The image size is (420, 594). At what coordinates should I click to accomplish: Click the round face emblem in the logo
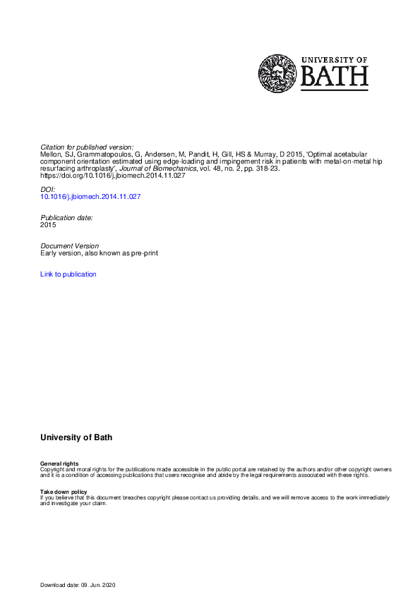[277, 73]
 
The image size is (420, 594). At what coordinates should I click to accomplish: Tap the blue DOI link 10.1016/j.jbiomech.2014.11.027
[91, 197]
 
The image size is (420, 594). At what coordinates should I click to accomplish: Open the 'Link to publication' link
[68, 274]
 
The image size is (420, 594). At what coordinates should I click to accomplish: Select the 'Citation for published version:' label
[87, 147]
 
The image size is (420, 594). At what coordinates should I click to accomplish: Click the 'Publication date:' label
[66, 217]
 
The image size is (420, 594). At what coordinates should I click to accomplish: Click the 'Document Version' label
[70, 246]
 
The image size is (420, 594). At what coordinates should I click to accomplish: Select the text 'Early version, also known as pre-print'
[100, 253]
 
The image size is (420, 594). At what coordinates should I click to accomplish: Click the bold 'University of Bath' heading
[76, 437]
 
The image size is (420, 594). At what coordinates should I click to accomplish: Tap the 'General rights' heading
[60, 463]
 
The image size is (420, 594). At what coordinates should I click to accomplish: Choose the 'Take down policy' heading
[64, 491]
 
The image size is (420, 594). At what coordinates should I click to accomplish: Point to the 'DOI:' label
[47, 190]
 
